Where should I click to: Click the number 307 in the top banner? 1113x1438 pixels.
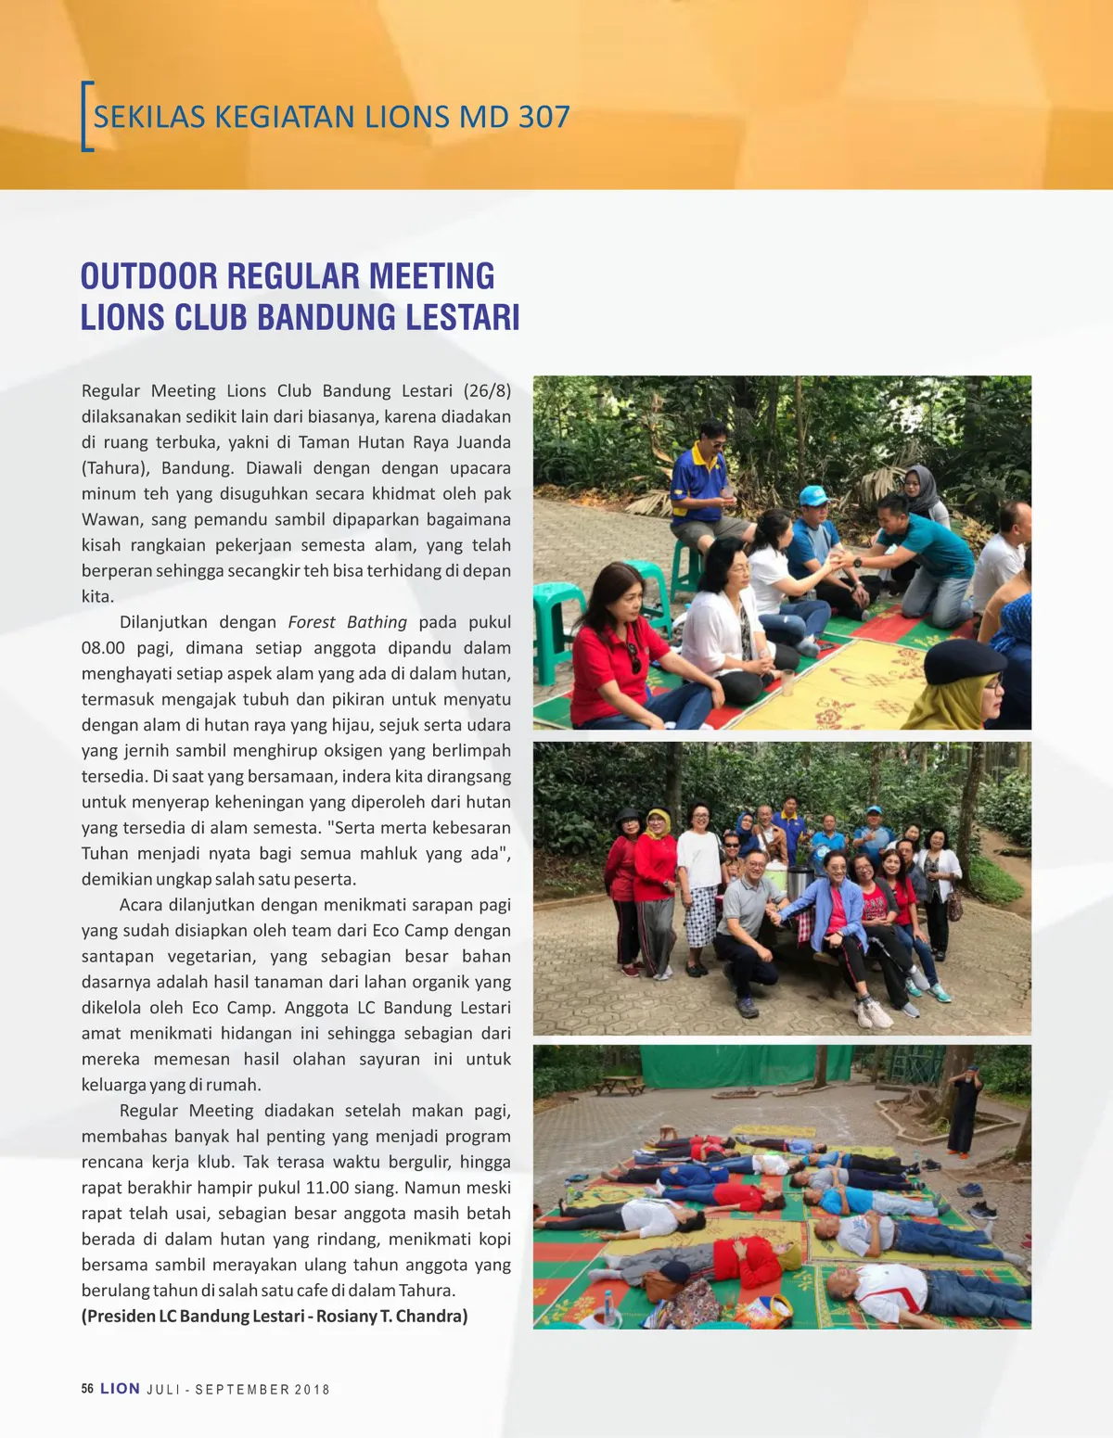[x=544, y=117]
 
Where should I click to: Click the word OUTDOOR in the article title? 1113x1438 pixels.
[x=148, y=276]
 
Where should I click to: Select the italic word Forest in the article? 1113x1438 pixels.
[x=312, y=622]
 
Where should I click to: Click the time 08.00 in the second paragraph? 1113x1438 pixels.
[x=103, y=648]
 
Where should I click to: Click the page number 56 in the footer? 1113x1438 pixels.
[x=87, y=1389]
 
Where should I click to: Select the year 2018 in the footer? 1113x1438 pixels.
[x=313, y=1390]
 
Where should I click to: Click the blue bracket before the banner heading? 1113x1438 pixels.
[x=86, y=117]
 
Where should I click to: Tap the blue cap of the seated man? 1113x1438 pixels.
[x=813, y=495]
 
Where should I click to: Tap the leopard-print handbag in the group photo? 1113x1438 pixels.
[x=954, y=906]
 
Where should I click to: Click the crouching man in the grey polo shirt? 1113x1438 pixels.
[x=749, y=927]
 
